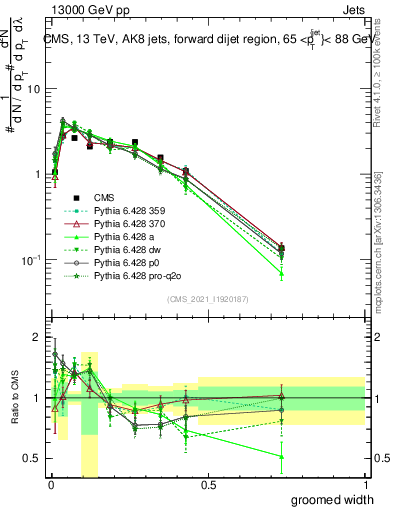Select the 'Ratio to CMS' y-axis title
click(x=13, y=400)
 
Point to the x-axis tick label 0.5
click(x=208, y=484)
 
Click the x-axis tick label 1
click(x=366, y=484)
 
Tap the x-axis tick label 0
click(x=51, y=484)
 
